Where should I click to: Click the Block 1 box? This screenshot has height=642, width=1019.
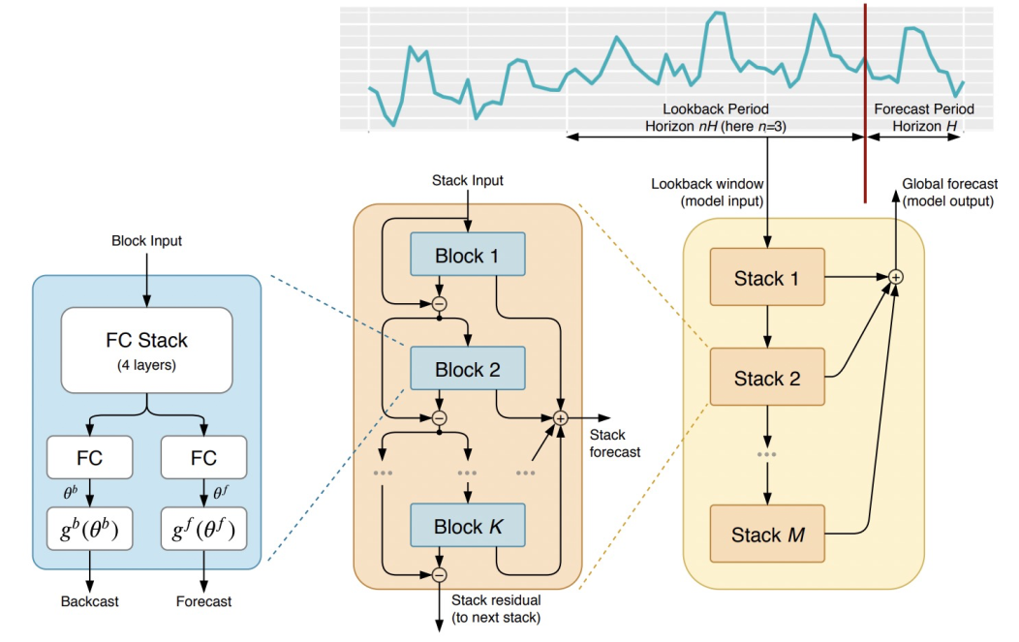tap(467, 254)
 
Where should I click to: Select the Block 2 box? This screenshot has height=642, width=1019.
tap(467, 368)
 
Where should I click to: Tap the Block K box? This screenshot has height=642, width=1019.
tap(467, 525)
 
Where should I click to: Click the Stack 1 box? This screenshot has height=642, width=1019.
tap(767, 277)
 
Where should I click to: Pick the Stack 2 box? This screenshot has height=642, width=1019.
tap(767, 377)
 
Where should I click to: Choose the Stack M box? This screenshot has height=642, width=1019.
tap(767, 534)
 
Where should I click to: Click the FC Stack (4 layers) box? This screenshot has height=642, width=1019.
tap(147, 351)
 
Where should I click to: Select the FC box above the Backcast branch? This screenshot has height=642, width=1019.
tap(90, 457)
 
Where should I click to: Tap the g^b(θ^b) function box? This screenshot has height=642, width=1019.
tap(90, 529)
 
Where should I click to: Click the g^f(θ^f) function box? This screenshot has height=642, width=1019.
tap(203, 529)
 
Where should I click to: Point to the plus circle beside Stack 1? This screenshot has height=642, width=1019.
tap(896, 277)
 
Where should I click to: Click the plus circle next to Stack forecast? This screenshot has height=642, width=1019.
tap(560, 418)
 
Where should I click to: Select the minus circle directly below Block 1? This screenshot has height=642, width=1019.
tap(440, 303)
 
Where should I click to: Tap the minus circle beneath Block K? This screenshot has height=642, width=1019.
tap(440, 574)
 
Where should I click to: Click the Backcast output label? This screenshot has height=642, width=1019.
tap(90, 601)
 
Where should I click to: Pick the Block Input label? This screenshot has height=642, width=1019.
tap(147, 241)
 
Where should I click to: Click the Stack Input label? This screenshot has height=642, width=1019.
tap(467, 181)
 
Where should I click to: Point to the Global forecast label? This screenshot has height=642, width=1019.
tap(949, 184)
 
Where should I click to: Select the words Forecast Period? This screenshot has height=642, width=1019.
tap(924, 109)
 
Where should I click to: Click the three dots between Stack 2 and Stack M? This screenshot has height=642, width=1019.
tap(767, 454)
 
